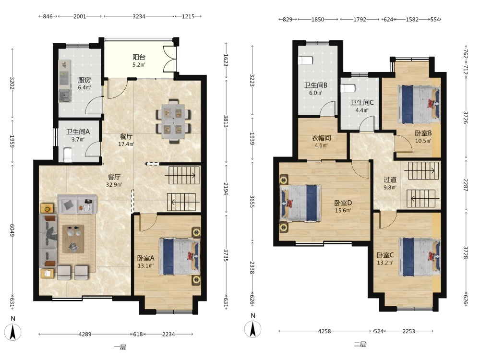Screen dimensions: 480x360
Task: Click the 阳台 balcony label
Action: (139, 57)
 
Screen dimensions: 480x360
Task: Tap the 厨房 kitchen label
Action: (84, 80)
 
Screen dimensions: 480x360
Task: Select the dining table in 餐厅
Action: (174, 121)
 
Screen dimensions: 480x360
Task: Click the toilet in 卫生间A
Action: (67, 155)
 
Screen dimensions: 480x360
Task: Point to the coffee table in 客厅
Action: (73, 239)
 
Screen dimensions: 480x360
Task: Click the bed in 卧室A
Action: (180, 256)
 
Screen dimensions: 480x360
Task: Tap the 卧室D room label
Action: (343, 203)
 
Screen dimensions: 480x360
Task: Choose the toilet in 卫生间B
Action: (305, 60)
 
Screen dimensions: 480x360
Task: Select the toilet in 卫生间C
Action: (348, 88)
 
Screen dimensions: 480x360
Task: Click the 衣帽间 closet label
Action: (321, 138)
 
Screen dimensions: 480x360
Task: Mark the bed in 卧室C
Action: (420, 257)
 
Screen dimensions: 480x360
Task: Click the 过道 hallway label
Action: (390, 180)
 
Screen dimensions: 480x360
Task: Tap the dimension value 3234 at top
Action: (139, 16)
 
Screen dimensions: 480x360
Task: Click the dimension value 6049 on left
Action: (12, 230)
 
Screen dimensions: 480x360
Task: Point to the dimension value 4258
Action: (324, 331)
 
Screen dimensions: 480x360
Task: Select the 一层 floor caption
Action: (120, 347)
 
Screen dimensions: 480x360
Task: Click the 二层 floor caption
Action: (360, 344)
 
